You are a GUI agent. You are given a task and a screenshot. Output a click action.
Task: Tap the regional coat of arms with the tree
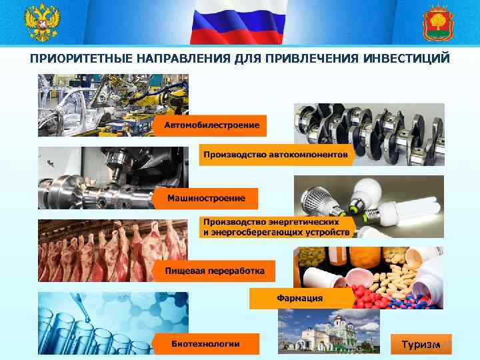(x=438, y=23)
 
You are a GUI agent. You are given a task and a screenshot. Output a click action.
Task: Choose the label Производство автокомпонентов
(x=275, y=155)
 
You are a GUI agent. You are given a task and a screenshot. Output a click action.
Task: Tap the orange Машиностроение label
(x=206, y=198)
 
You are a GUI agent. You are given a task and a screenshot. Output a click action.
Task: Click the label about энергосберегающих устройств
(x=276, y=227)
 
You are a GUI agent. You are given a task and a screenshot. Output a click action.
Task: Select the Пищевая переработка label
(x=214, y=271)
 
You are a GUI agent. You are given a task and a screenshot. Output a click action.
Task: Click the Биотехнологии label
(x=205, y=343)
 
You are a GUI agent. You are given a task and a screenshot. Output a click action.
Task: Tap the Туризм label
(x=420, y=344)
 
